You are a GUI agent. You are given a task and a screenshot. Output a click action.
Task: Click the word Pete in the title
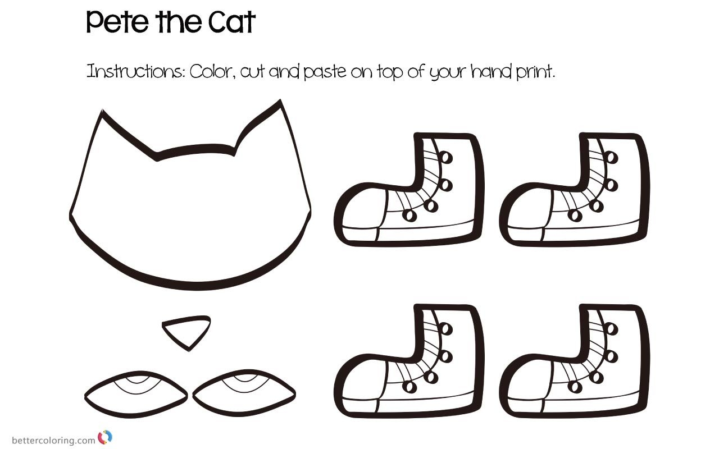[117, 22]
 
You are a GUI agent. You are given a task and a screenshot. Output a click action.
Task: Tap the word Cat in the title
[232, 22]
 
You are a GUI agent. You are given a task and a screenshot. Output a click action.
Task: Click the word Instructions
[135, 71]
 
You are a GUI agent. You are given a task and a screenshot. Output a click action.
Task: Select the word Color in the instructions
[210, 71]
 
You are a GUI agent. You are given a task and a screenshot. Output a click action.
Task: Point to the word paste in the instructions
[325, 72]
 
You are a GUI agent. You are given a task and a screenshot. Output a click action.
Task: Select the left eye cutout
[136, 395]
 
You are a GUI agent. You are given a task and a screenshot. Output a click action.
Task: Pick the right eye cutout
[244, 393]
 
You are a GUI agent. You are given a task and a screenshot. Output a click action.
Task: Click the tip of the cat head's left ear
[102, 111]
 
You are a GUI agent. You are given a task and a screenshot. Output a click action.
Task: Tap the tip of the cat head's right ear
[280, 100]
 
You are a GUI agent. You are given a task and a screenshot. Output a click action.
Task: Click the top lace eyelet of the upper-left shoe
[447, 157]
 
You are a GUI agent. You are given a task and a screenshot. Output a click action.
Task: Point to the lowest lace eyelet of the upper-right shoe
[575, 215]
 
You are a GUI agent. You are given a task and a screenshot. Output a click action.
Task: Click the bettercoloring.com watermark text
[53, 440]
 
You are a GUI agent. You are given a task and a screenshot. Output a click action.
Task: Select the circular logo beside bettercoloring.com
[105, 437]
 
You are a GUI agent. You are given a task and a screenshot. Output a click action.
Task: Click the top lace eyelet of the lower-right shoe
[612, 329]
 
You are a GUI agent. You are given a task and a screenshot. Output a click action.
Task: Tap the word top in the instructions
[390, 72]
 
